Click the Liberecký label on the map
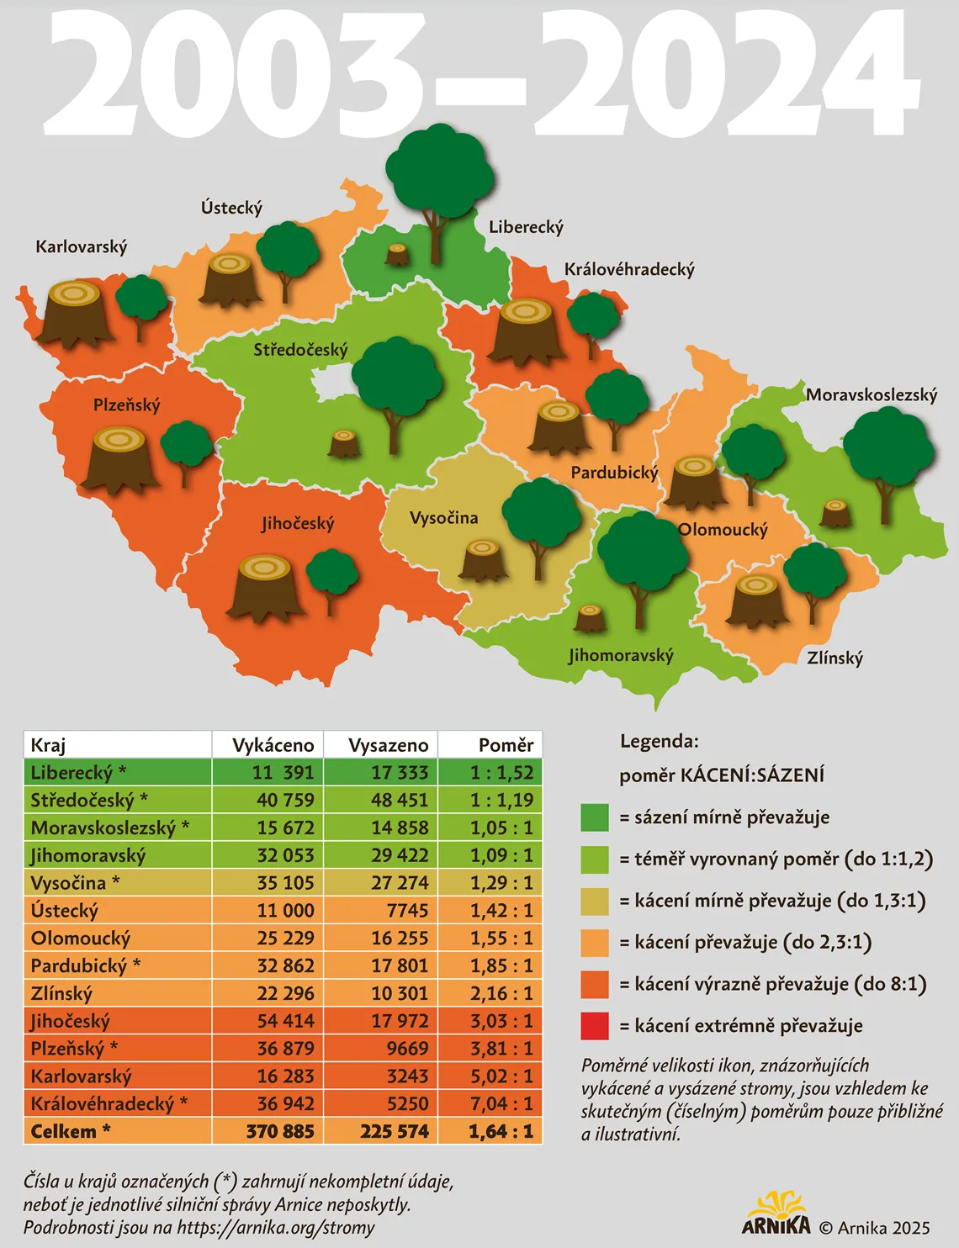pos(526,227)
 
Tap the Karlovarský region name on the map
pos(82,247)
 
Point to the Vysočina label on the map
pos(443,518)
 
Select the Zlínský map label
pos(834,658)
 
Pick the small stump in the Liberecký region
pos(397,254)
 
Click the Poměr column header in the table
pos(506,745)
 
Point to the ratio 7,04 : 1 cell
pos(501,1103)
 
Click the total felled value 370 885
pos(280,1131)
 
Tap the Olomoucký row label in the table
pos(81,939)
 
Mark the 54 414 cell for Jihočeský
pos(285,1021)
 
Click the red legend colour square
pos(594,1026)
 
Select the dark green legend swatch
pos(594,817)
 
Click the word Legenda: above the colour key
pos(659,742)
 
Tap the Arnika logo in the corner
pos(776,1213)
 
